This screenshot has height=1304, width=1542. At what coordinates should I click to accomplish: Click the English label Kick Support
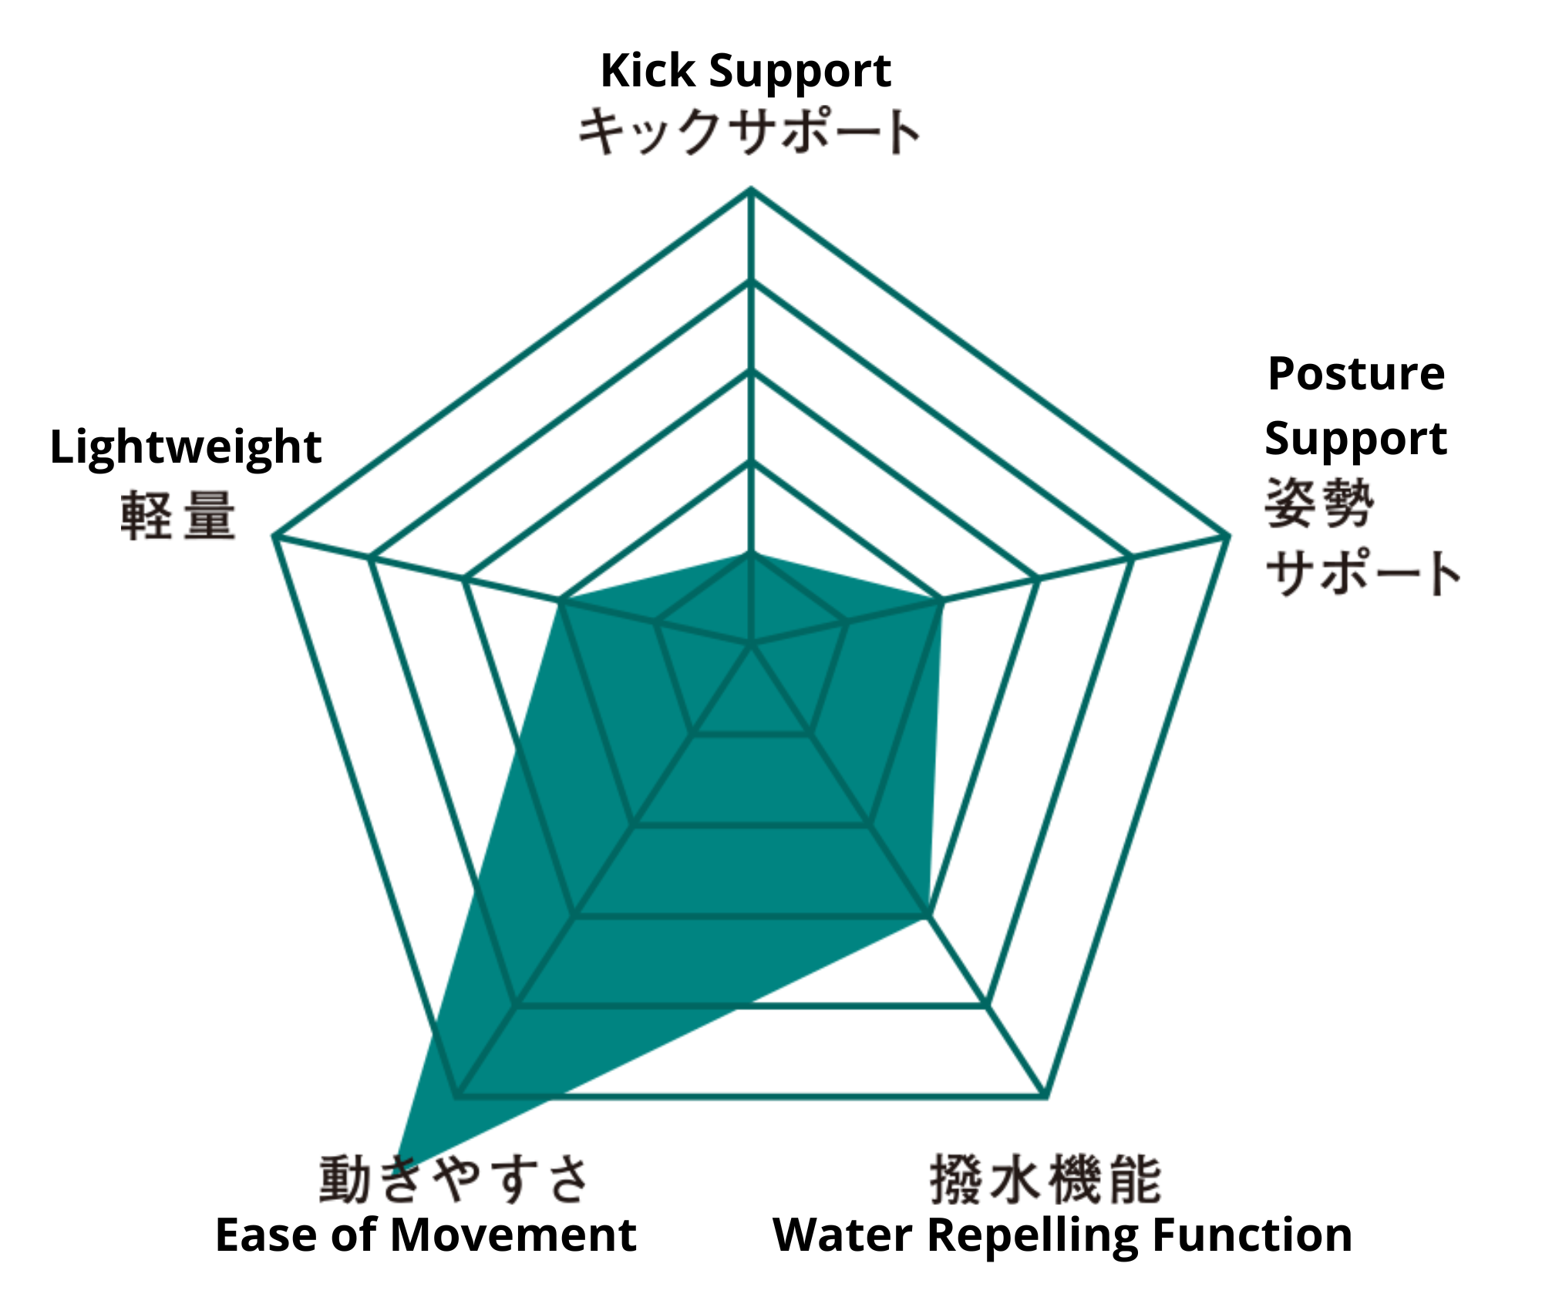[746, 72]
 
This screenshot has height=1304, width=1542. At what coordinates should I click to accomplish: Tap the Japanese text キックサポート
[749, 132]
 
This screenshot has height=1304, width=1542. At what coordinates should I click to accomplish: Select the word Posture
[1356, 375]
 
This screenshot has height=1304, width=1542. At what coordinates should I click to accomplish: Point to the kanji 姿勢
[1319, 503]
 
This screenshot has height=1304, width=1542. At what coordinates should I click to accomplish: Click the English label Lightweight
[186, 448]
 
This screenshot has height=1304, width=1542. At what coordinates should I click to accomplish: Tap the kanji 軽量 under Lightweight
[178, 515]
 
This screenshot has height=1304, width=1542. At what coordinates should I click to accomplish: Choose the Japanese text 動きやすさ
[455, 1178]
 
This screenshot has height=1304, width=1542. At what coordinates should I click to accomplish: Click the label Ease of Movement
[426, 1235]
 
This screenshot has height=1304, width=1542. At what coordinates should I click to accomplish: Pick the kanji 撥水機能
[1045, 1178]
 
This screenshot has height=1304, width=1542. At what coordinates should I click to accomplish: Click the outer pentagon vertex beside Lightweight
[275, 535]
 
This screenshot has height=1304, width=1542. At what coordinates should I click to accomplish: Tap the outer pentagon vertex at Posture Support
[1227, 535]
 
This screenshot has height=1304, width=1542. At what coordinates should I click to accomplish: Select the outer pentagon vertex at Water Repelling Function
[1045, 1095]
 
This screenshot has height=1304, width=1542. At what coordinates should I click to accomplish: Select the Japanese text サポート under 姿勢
[1362, 572]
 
